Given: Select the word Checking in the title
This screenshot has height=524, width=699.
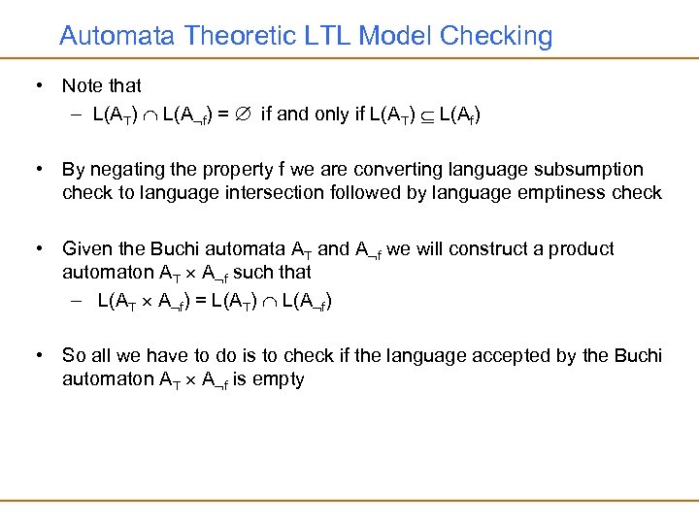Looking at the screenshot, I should click(x=496, y=37).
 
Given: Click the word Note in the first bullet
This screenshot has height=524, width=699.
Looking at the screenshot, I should click(x=82, y=87).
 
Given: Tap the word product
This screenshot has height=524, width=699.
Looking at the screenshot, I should click(x=582, y=249).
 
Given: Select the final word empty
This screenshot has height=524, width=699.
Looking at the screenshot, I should click(x=280, y=378).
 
